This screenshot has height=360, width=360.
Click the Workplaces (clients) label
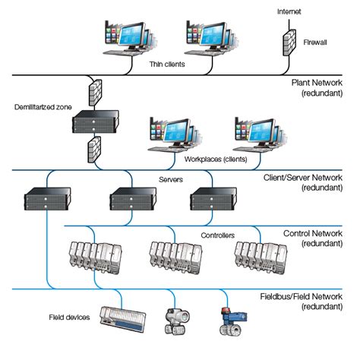point(213,161)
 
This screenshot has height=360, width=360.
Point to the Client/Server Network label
point(312,180)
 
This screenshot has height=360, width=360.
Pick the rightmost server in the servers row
point(210,199)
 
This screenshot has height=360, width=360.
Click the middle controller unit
point(173,256)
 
